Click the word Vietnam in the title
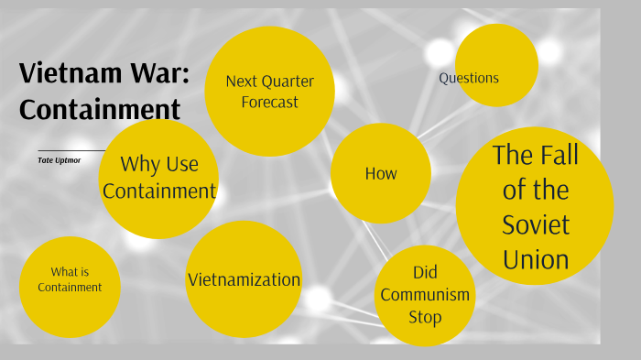click(x=70, y=73)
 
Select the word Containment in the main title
click(x=100, y=109)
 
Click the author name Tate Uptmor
click(x=60, y=159)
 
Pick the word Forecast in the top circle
click(x=269, y=103)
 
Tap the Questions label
click(x=469, y=78)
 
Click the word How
click(x=381, y=173)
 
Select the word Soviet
click(x=536, y=224)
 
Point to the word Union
click(x=536, y=259)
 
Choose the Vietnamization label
click(x=244, y=279)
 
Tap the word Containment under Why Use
click(x=159, y=191)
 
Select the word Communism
click(x=425, y=295)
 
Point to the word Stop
click(x=425, y=317)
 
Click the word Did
click(x=425, y=273)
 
